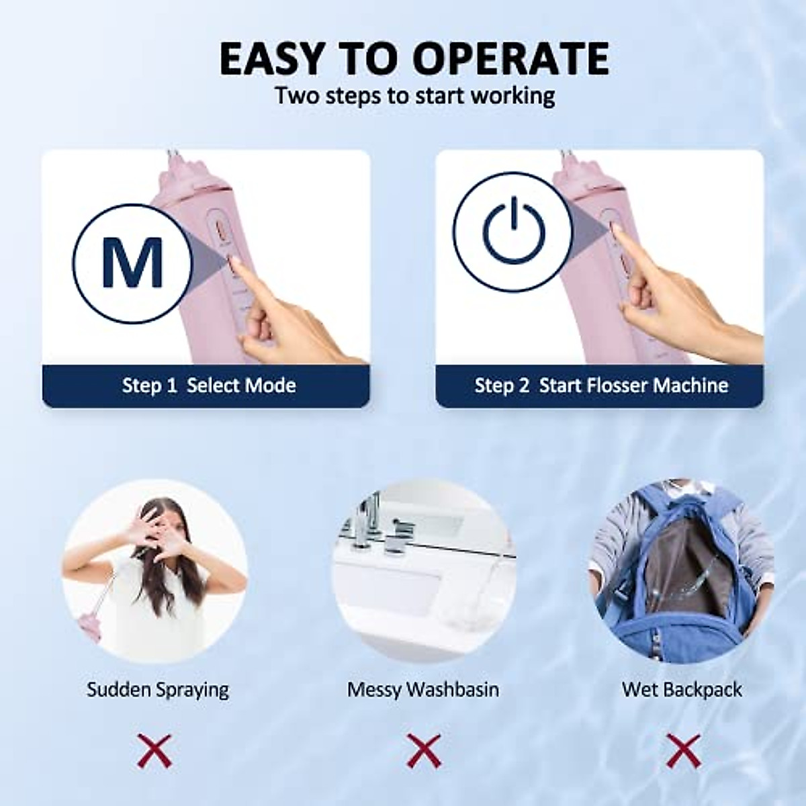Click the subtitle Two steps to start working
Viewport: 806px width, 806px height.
coord(414,96)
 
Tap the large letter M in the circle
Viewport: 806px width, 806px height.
coord(132,263)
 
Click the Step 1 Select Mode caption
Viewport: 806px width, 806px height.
coord(208,386)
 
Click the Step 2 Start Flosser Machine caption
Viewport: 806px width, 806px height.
coord(601,386)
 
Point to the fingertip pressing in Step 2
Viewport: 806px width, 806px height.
coord(616,231)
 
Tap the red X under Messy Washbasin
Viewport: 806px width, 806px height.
coord(423,751)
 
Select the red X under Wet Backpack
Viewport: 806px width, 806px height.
coord(682,751)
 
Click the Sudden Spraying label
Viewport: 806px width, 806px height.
coord(157,690)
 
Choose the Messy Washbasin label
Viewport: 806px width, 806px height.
coord(423,690)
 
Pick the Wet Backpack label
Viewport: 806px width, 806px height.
coord(682,690)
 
